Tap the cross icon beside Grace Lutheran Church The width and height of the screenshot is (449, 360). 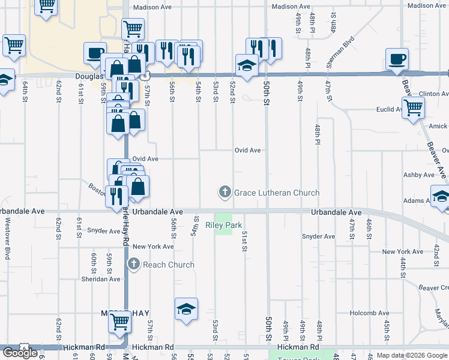coord(225,193)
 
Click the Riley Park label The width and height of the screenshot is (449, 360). coord(223,226)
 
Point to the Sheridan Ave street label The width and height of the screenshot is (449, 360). coord(105,279)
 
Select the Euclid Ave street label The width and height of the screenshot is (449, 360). coord(390,109)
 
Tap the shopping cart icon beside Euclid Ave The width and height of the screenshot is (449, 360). coord(413,108)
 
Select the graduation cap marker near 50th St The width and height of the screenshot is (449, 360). coord(246,65)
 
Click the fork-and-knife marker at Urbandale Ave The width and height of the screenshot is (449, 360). coord(116,196)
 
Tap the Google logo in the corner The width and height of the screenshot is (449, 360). coord(20,353)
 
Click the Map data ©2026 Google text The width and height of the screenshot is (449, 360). coord(412,355)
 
